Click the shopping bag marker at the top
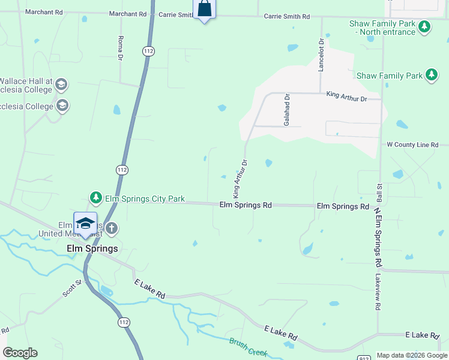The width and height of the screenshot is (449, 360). tap(204, 9)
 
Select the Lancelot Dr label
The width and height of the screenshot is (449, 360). tap(321, 55)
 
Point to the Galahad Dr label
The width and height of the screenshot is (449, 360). tap(288, 109)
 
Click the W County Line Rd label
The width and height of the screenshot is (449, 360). tap(412, 145)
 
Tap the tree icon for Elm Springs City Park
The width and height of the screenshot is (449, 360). tap(95, 197)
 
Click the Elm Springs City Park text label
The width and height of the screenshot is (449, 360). tap(145, 199)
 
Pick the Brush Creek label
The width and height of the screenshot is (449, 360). tap(247, 347)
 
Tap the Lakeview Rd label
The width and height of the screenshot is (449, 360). tap(378, 292)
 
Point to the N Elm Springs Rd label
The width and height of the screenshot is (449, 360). tap(378, 237)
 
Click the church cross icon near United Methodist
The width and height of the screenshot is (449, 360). tap(112, 228)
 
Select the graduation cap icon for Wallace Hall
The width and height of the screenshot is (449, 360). tap(62, 84)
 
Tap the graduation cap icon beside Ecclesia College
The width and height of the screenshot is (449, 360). tap(62, 107)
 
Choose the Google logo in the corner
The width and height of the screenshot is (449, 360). tap(20, 353)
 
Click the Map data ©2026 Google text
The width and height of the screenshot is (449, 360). tap(412, 355)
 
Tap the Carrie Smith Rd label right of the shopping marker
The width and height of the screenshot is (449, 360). tap(287, 16)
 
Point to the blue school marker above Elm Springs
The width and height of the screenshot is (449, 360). tap(85, 223)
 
